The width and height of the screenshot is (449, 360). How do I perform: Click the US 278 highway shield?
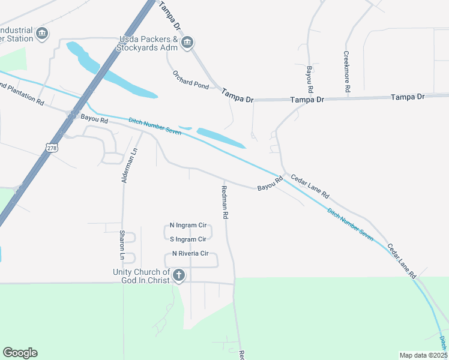pos(52,146)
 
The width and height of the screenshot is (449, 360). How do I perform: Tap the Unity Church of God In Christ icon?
pos(178,275)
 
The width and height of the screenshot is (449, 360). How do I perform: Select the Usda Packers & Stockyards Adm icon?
pos(187,41)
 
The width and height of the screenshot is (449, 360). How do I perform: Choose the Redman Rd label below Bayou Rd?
pos(224,201)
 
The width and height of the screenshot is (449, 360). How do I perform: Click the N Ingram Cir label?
pos(188,226)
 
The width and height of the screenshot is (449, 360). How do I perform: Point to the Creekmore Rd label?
pos(347,71)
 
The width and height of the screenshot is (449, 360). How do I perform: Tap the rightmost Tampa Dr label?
pos(407,97)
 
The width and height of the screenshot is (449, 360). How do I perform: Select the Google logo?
pos(20,353)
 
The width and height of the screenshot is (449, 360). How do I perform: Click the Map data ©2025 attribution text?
pos(423,355)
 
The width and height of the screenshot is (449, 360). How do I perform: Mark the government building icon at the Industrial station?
pos(42,33)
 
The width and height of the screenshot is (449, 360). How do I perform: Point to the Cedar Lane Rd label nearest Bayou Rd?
pos(310,186)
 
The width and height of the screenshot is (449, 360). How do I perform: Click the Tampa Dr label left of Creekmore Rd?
pos(307,99)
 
